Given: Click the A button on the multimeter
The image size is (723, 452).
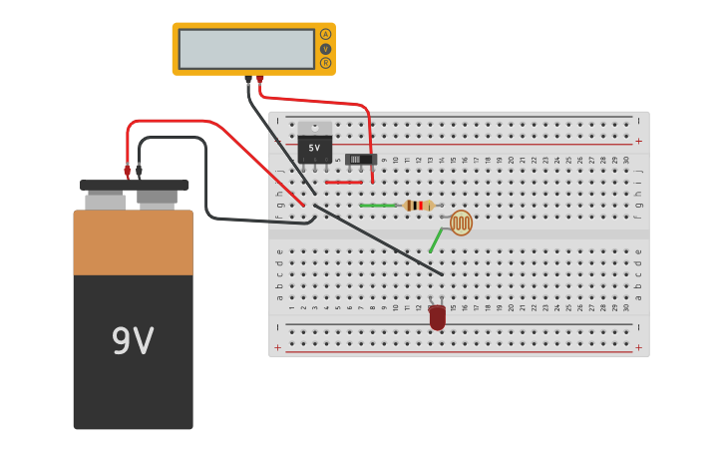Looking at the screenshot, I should (325, 34).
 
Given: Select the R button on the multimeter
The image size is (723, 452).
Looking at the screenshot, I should (325, 63).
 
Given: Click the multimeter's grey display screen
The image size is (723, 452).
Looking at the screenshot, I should (246, 48).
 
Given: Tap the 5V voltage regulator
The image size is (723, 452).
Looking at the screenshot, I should (315, 144).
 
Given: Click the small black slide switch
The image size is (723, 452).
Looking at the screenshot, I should (359, 159).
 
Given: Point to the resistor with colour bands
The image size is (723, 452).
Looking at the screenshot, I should (419, 206).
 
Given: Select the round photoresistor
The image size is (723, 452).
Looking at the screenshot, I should (461, 223).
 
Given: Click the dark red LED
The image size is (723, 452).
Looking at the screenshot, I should (437, 317).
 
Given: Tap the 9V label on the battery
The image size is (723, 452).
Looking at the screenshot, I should (133, 342).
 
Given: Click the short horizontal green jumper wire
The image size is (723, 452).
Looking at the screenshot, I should (378, 206).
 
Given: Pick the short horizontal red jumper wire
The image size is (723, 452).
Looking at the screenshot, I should (343, 183).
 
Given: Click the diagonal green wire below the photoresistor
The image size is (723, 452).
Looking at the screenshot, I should (436, 240).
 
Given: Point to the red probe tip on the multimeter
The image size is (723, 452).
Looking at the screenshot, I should (260, 79).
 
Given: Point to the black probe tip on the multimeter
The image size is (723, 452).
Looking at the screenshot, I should (248, 79).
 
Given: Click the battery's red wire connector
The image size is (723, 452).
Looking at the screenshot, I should (127, 171).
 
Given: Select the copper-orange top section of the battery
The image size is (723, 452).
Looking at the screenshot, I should (133, 242).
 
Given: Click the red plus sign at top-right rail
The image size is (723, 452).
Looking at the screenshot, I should (638, 142).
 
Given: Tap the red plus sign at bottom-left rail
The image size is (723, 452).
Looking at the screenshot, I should (278, 347).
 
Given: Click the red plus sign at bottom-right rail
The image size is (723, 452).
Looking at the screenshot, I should (638, 347).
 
